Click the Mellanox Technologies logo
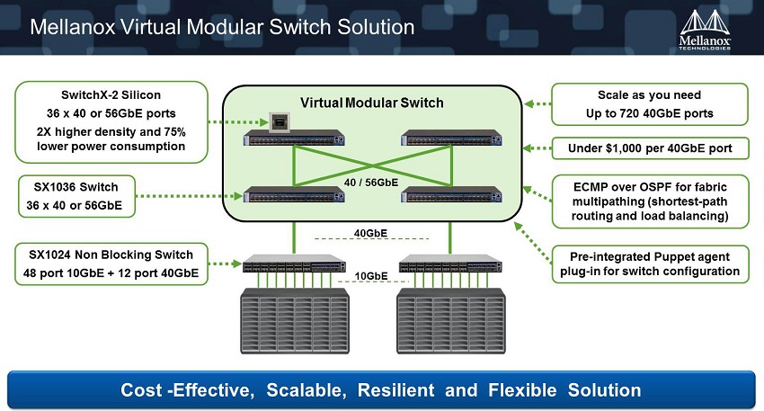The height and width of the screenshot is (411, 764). coord(705,30)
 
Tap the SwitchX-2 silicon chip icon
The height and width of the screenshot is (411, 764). coord(280,122)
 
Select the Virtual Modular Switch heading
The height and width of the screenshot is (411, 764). coord(372,103)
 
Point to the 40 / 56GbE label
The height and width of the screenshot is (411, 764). coord(371,183)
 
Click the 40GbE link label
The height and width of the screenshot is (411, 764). coord(370,233)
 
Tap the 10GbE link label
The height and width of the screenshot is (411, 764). coord(371,276)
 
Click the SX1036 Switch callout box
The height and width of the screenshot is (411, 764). coord(76,196)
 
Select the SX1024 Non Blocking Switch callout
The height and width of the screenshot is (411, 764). coord(111,264)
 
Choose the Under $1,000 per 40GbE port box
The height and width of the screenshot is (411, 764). coord(650,148)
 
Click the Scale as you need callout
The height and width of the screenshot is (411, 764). coord(650,104)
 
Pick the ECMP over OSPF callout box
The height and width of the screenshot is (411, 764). coord(650,201)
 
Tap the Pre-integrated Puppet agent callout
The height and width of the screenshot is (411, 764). coord(650,264)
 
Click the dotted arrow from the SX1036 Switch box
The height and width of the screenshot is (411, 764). coord(189,196)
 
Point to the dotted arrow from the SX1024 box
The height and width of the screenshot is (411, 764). coord(225,264)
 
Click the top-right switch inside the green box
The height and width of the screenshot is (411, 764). coord(451,138)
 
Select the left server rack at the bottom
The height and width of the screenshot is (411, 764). coord(295,321)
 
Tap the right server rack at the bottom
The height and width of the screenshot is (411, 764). coord(451,321)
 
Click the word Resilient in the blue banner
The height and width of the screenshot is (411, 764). coord(395,390)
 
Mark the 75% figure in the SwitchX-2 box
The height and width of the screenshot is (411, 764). coord(174,131)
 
